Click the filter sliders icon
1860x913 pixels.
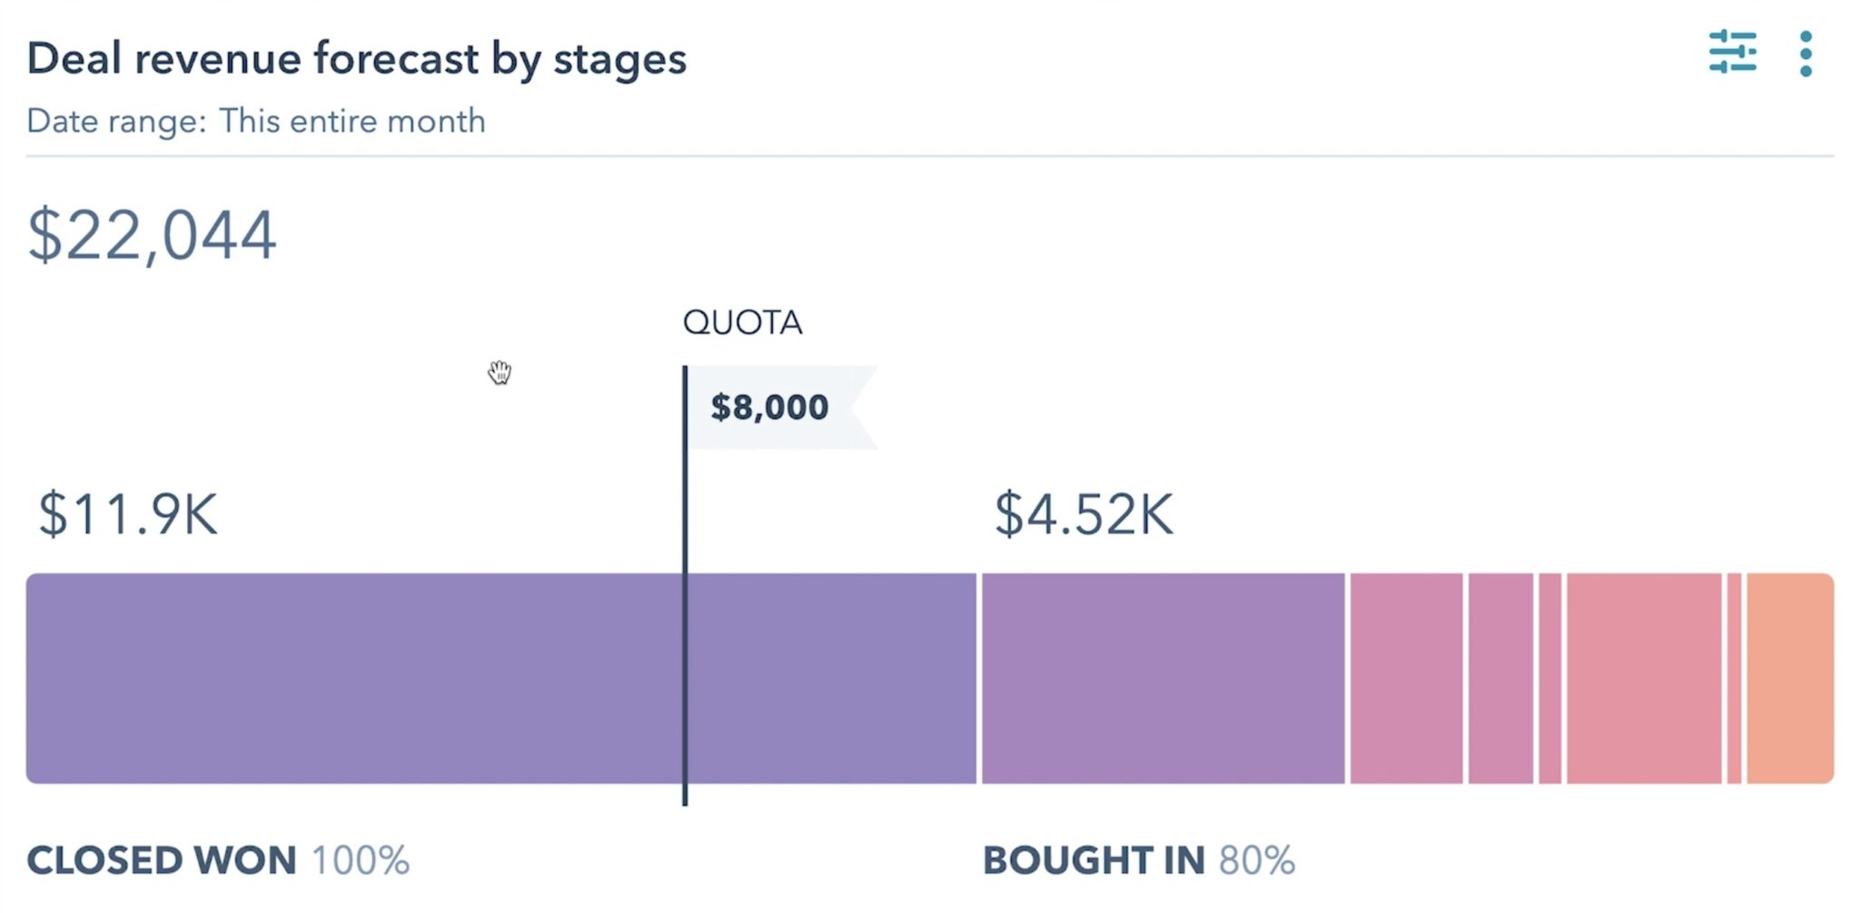point(1732,53)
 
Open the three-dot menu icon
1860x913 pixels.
point(1806,54)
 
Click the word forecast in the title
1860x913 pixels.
point(396,59)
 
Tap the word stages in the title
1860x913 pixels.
point(619,60)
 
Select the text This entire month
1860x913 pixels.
point(352,121)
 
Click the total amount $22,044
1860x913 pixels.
point(152,235)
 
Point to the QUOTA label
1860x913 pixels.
point(742,322)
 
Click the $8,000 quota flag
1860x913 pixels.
point(770,407)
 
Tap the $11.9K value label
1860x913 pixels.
point(128,514)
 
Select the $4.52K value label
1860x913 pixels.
point(1083,514)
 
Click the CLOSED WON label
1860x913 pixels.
point(162,859)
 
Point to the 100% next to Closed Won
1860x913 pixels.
point(360,859)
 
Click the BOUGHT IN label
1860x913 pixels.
point(1093,859)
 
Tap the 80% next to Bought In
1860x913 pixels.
point(1256,859)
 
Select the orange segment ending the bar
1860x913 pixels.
point(1789,678)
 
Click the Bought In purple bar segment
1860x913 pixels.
point(1162,678)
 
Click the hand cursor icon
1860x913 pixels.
point(500,372)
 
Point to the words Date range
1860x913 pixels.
point(116,121)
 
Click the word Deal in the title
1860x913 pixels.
point(74,59)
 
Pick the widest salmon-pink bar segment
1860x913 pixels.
point(1644,678)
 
